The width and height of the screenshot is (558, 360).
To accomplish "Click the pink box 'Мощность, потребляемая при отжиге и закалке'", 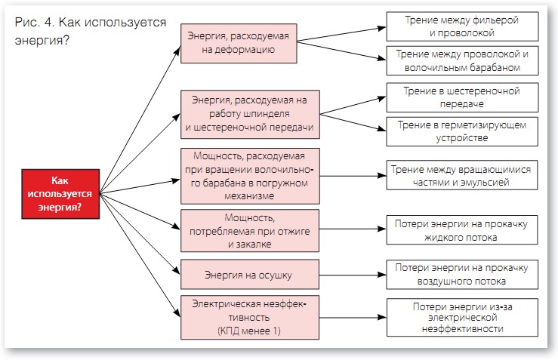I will click(248, 231).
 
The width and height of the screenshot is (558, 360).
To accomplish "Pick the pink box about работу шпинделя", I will click(248, 114).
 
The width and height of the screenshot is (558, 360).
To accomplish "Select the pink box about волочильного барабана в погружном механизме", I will click(248, 175).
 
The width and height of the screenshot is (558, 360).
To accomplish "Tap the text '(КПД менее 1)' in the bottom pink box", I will click(248, 331).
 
